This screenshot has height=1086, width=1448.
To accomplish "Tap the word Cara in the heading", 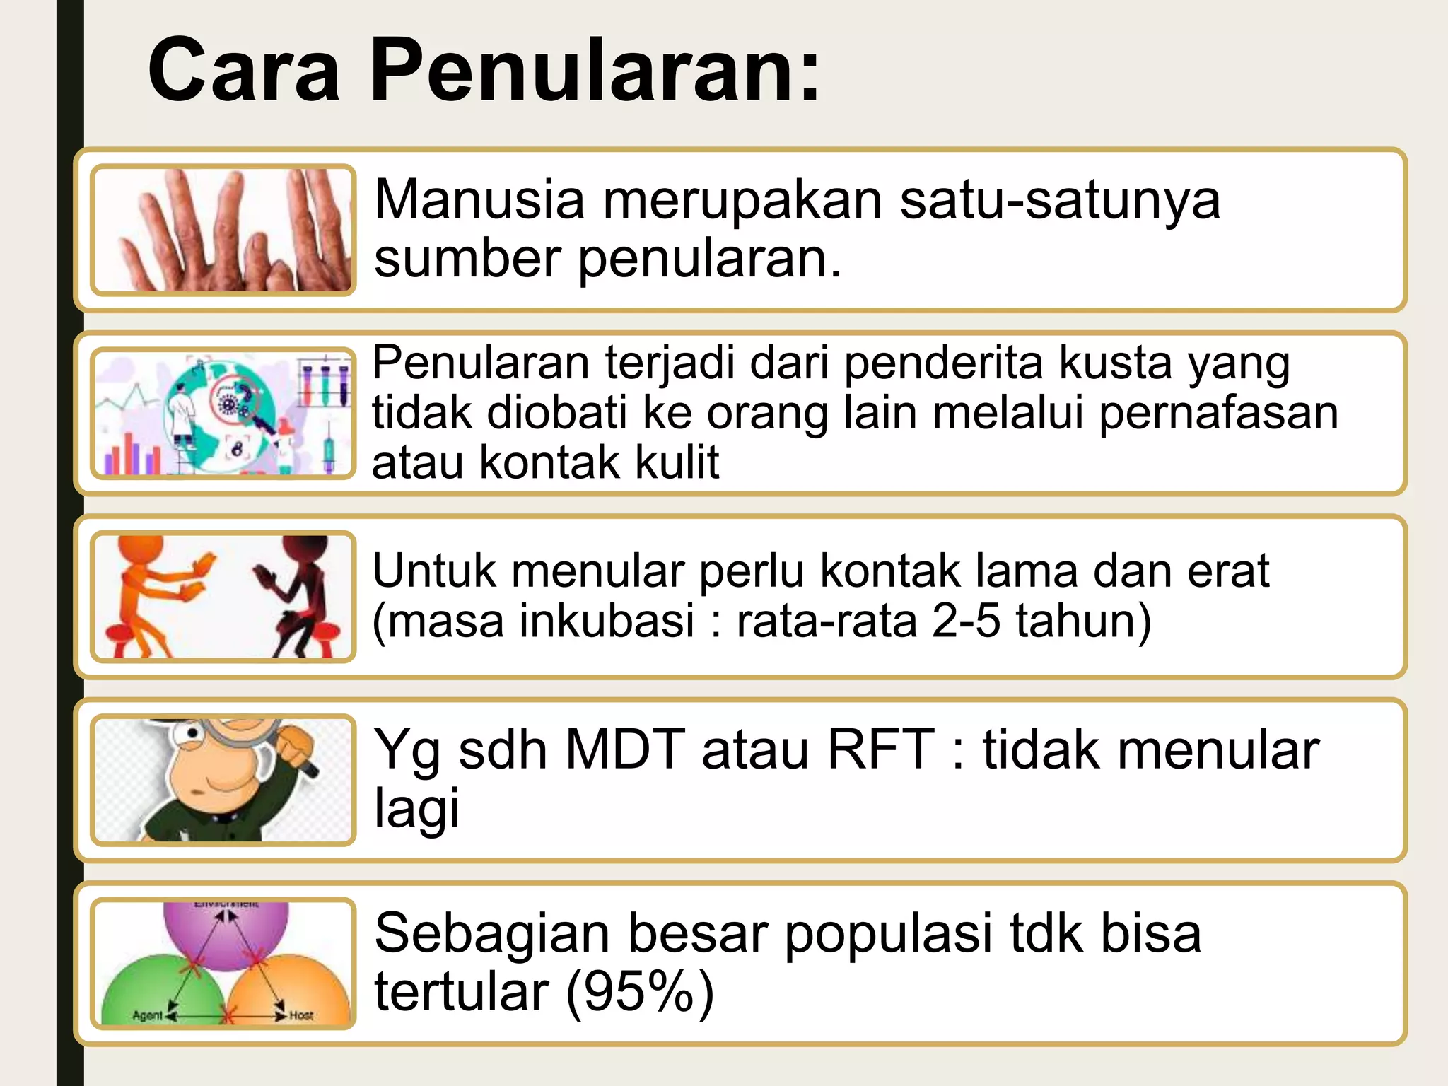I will tap(243, 71).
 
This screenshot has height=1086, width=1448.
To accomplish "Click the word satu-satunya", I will tap(1060, 201).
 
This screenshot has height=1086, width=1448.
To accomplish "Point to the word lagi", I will tap(416, 808).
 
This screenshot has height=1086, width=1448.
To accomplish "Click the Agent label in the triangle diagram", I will tap(147, 1015).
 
